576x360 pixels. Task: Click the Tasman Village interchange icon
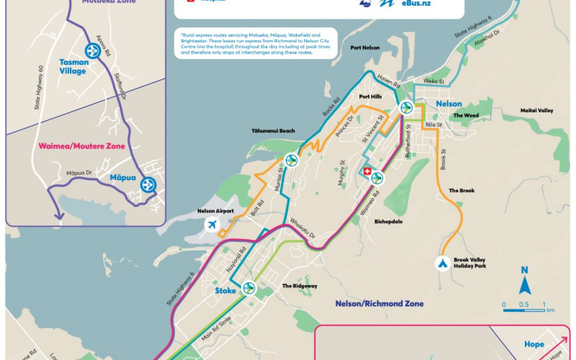pyautogui.click(x=92, y=51)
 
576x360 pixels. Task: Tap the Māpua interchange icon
pyautogui.click(x=148, y=184)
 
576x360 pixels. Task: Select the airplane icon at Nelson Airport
pyautogui.click(x=212, y=225)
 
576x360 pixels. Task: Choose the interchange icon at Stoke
pyautogui.click(x=249, y=288)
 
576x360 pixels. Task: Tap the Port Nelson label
pyautogui.click(x=365, y=49)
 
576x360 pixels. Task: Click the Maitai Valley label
pyautogui.click(x=536, y=110)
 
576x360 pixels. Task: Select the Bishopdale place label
pyautogui.click(x=388, y=222)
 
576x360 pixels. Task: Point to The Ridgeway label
pyautogui.click(x=300, y=286)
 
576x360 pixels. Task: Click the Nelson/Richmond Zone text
pyautogui.click(x=379, y=304)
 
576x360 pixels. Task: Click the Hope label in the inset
pyautogui.click(x=534, y=344)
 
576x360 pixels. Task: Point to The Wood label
pyautogui.click(x=466, y=115)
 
